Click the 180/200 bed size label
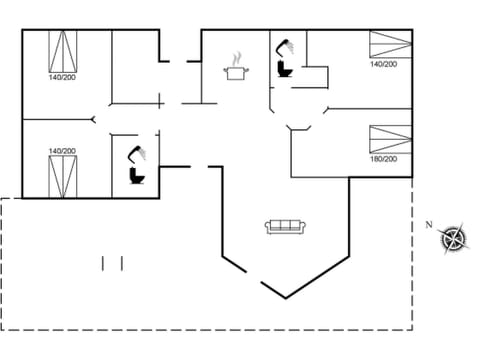click(x=384, y=159)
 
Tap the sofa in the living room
click(x=286, y=227)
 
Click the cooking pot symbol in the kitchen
click(x=238, y=73)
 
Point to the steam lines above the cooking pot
click(x=238, y=58)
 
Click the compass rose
click(x=454, y=238)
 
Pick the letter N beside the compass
click(x=428, y=224)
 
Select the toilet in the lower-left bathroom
click(x=137, y=176)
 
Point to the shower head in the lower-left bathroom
click(x=134, y=152)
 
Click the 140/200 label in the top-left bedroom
click(x=61, y=77)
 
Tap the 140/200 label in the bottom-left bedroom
click(x=61, y=151)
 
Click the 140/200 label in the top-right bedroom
click(x=384, y=64)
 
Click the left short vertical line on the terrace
click(x=103, y=263)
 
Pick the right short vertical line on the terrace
click(x=121, y=263)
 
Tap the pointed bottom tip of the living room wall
click(x=288, y=297)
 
